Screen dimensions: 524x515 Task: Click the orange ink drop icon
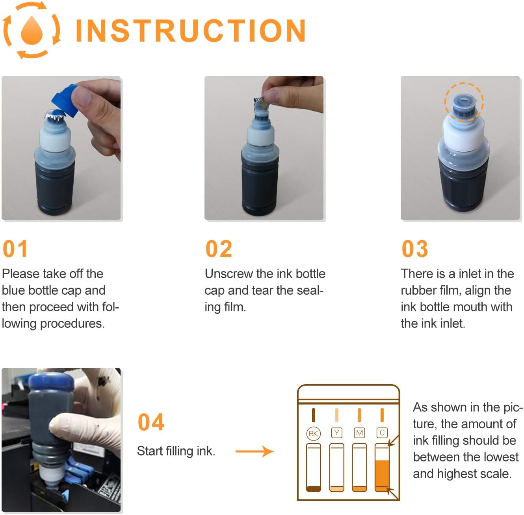[32, 30]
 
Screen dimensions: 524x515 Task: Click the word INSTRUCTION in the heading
[191, 30]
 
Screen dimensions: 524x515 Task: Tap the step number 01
[15, 249]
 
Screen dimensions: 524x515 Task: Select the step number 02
[219, 249]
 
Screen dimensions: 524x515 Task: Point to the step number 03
[415, 249]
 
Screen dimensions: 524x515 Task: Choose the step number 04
[151, 422]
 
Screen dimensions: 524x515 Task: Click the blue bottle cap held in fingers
[65, 100]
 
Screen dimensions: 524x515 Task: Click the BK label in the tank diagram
[313, 433]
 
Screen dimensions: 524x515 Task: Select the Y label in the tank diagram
[336, 433]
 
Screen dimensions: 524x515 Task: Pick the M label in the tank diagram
[359, 433]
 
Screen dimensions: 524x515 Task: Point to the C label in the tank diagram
[382, 433]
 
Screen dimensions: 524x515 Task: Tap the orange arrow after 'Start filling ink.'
[255, 452]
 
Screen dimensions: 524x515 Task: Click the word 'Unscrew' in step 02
[229, 274]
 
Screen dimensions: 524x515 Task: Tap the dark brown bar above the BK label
[314, 415]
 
